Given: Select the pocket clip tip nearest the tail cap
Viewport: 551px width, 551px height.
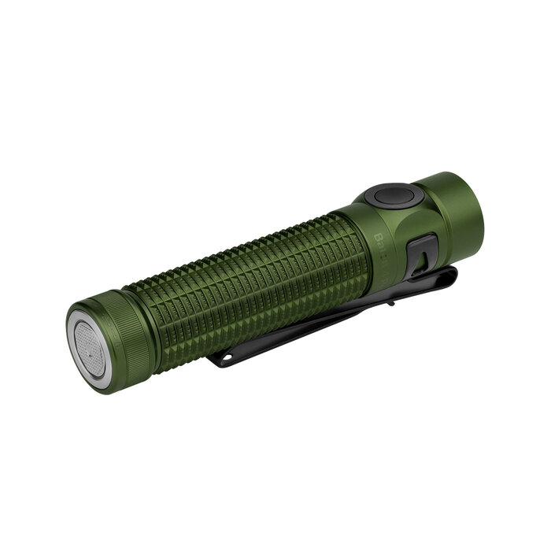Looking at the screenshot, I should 216,361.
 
